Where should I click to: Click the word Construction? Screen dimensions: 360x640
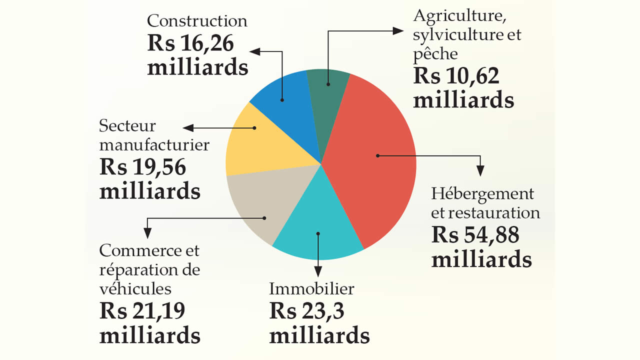(197, 21)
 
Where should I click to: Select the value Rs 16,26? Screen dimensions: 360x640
(190, 44)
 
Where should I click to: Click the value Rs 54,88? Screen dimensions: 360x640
(475, 235)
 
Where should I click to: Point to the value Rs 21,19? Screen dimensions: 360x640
(142, 311)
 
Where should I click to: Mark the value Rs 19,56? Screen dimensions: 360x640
(143, 167)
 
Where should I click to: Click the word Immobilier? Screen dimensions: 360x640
(311, 288)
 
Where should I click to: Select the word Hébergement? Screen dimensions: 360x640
(482, 193)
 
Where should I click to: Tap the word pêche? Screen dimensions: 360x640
(435, 53)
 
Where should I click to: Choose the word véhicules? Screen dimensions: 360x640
(135, 288)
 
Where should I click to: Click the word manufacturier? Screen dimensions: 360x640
(154, 145)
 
